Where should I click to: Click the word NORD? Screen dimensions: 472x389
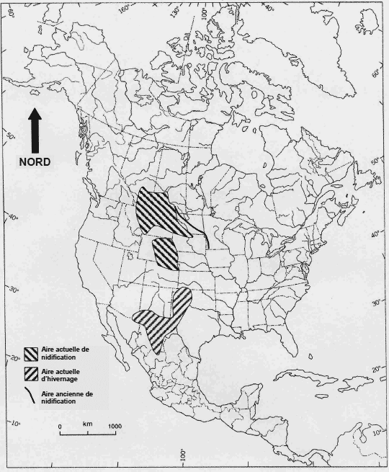[35, 162]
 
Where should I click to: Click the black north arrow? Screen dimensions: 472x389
[35, 130]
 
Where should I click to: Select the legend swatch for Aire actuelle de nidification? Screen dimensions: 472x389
[31, 353]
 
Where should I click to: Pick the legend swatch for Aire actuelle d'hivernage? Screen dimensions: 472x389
[31, 373]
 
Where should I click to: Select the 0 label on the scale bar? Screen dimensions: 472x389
[60, 427]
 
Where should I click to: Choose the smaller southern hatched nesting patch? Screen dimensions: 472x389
[165, 254]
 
